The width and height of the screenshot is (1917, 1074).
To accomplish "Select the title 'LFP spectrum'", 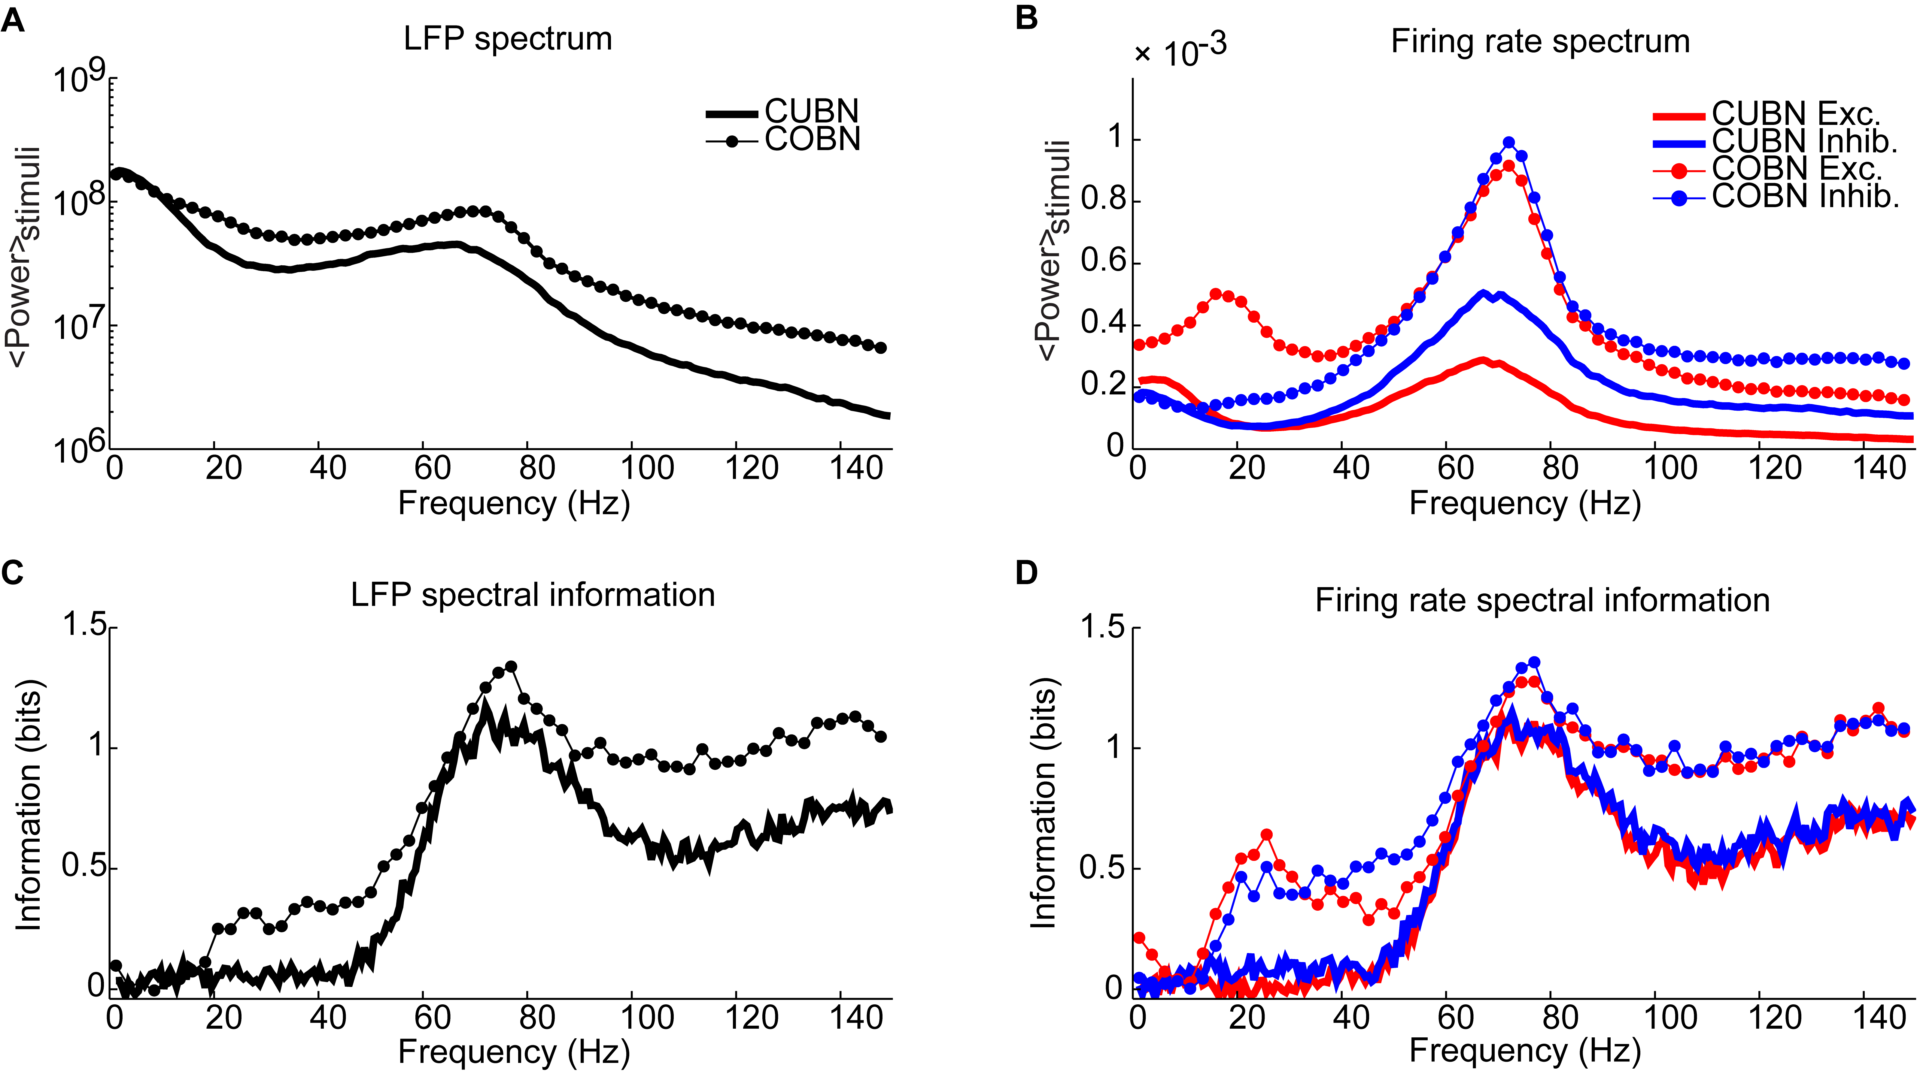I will pos(508,39).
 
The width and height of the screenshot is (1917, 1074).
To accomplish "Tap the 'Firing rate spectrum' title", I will pos(1540,42).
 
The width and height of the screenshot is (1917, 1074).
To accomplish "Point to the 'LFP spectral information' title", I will pos(533,595).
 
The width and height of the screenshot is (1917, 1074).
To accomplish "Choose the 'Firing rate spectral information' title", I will pos(1542,600).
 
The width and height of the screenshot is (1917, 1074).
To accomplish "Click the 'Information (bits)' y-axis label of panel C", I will pos(28,805).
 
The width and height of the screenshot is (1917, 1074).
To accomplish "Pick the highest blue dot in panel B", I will pos(1508,142).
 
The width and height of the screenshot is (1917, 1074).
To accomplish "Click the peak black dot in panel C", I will pos(511,666).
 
